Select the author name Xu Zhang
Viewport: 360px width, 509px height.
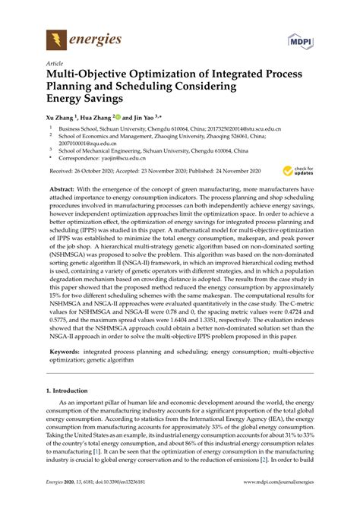[62, 119]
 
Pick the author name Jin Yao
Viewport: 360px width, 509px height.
[141, 119]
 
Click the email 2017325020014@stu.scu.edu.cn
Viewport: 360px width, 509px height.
[249, 131]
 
